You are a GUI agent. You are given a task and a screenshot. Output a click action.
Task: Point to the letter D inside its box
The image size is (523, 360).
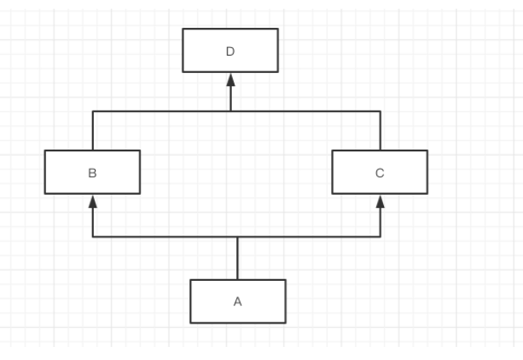point(230,50)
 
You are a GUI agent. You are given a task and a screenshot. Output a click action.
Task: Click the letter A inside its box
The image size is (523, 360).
point(237,302)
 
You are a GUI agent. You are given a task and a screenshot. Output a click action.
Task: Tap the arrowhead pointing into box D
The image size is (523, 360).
point(231,79)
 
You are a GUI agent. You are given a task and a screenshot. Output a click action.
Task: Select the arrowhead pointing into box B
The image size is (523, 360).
point(93,201)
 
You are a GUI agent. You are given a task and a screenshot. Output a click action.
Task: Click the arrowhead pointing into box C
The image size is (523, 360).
point(380,201)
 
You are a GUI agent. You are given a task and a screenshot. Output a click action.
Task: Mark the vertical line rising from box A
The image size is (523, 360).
point(237,258)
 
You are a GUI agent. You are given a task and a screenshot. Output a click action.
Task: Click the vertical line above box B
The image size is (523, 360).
point(93,130)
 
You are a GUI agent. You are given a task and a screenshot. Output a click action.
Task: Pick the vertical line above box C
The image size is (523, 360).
point(380,130)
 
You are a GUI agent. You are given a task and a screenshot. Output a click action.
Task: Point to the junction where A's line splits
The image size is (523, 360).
point(237,237)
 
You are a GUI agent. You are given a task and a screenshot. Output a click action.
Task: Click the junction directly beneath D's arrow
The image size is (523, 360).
point(231,111)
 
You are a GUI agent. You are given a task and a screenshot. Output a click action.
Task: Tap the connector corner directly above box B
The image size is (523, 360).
point(93,111)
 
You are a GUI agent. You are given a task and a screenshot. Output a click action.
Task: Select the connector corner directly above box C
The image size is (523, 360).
point(380,111)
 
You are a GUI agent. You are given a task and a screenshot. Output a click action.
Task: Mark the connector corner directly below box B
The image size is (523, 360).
point(93,237)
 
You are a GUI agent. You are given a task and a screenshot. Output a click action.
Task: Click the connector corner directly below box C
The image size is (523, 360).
point(380,237)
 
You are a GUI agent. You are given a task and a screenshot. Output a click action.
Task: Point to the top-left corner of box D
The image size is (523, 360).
point(183,29)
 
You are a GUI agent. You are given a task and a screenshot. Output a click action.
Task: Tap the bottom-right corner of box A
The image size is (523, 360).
point(285,323)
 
